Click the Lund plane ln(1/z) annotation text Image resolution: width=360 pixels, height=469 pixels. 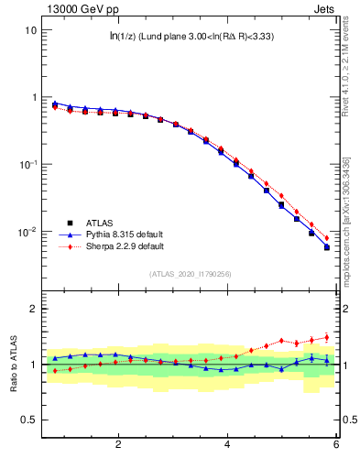[191, 37]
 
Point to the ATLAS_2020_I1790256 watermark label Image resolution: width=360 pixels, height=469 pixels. [191, 274]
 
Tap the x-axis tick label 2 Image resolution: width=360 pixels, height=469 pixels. [118, 444]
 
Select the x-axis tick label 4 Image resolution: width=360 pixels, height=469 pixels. [227, 444]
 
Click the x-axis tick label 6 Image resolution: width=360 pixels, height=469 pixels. [336, 444]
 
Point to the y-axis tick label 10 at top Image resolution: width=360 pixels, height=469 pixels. [30, 29]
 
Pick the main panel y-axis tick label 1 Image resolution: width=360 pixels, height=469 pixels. [33, 97]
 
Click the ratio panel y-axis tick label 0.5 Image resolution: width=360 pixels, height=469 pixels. [28, 420]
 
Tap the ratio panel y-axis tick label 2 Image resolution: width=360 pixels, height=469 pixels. [33, 309]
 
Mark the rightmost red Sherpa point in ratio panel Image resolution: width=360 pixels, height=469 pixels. [326, 337]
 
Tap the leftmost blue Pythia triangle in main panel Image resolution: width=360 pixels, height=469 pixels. [55, 104]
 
